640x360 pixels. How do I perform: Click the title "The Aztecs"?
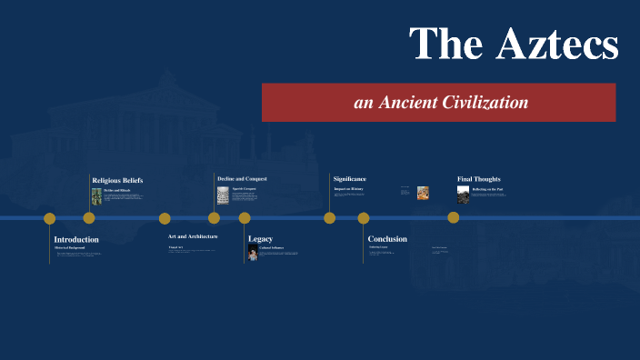point(514,44)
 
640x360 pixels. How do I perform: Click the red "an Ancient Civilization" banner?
point(440,103)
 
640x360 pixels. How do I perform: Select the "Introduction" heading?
point(76,239)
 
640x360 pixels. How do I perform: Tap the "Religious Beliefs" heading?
point(117,180)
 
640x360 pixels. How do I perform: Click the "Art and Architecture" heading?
point(193,236)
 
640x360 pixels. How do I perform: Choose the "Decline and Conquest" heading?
point(242,178)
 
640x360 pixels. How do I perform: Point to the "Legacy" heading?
point(260,239)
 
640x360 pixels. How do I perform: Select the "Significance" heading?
point(350,179)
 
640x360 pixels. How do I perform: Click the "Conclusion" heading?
point(387,239)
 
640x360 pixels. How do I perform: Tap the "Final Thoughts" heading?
point(479,179)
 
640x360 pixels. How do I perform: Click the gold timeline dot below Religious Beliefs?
point(89,218)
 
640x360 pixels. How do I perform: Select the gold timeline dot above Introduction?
point(50,218)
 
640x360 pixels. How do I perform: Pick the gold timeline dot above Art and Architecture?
point(165,218)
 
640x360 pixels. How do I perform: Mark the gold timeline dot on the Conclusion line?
point(364,218)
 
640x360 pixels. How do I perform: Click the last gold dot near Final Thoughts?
point(453,218)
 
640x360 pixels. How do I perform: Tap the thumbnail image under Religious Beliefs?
point(96,195)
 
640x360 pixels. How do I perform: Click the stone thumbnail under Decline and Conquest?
point(223,195)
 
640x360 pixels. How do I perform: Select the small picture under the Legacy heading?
point(253,252)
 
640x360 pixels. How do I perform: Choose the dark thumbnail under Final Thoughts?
point(463,194)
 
